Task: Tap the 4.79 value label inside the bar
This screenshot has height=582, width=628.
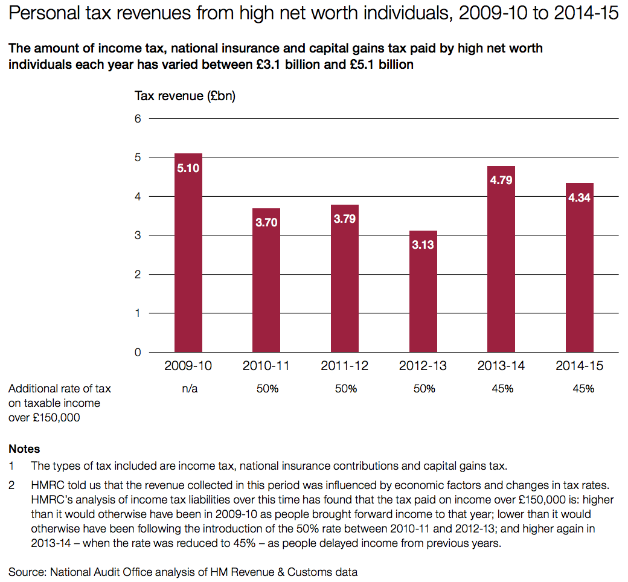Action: point(502,179)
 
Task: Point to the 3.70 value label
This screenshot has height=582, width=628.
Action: point(266,222)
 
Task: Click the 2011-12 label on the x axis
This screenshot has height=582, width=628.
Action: point(345,366)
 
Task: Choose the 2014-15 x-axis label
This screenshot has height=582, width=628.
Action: point(580,366)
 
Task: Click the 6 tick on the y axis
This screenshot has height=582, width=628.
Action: point(138,119)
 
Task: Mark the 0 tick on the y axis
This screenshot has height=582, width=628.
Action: point(138,352)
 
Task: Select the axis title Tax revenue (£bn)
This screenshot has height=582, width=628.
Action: point(185,97)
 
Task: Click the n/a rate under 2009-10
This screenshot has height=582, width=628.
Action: point(189,389)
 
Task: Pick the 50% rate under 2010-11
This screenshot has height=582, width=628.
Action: point(268,389)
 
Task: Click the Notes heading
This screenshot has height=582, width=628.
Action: point(24,449)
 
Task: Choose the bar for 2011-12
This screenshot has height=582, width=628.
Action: point(345,278)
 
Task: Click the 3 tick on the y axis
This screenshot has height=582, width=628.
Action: point(138,235)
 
